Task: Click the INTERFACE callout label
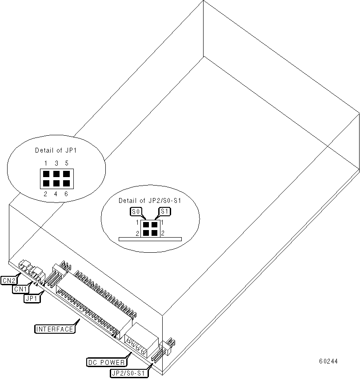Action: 54,329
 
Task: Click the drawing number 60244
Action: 328,361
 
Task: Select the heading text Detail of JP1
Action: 56,150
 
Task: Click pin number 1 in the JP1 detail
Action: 46,163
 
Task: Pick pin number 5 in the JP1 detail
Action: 66,163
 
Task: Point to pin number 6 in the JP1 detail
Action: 66,194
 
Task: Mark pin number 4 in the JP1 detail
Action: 56,194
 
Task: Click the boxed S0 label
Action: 136,211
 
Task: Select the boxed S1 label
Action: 164,211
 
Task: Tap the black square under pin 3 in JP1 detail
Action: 56,174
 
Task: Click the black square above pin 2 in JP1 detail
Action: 46,183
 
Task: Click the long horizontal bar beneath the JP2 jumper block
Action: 150,239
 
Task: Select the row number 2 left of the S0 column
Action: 138,233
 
